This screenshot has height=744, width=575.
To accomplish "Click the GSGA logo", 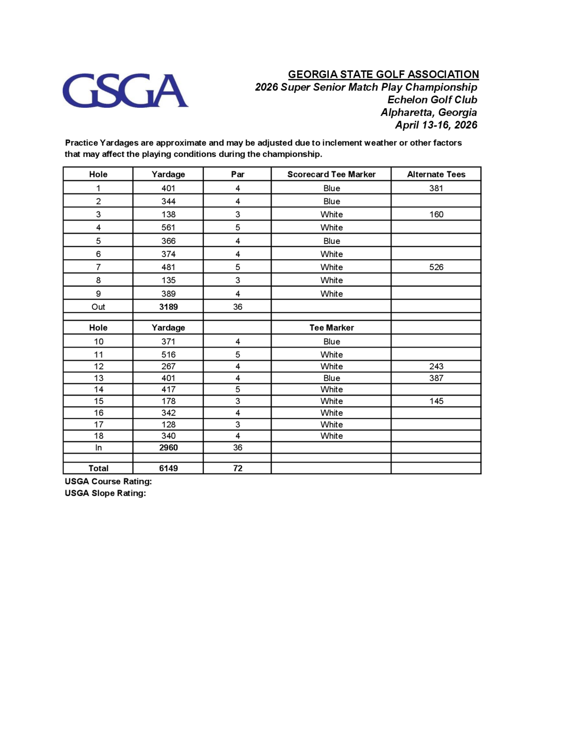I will tap(125, 91).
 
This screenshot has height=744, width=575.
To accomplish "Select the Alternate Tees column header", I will tap(436, 175).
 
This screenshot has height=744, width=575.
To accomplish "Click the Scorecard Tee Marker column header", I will tap(331, 175).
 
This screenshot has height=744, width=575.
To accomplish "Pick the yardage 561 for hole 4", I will tap(168, 228).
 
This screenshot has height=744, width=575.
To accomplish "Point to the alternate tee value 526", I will tap(436, 267).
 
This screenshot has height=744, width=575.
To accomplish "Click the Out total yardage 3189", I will tap(168, 307).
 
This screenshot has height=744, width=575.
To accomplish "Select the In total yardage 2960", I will tap(168, 448).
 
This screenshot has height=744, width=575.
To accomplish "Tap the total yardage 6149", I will tap(168, 468).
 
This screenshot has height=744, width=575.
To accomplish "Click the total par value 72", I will tap(237, 468).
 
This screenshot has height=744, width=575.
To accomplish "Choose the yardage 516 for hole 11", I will tap(168, 355).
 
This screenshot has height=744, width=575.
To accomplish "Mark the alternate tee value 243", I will tap(436, 367).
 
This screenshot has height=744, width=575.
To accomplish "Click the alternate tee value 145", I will tap(436, 401).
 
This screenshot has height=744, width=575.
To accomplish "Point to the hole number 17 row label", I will tap(98, 424).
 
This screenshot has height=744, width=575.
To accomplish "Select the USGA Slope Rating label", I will tap(105, 493).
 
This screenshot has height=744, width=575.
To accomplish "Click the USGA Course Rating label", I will tap(108, 481).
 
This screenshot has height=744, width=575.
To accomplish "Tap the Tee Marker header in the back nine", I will tap(331, 328).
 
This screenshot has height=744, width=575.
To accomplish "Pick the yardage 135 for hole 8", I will tap(168, 280).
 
